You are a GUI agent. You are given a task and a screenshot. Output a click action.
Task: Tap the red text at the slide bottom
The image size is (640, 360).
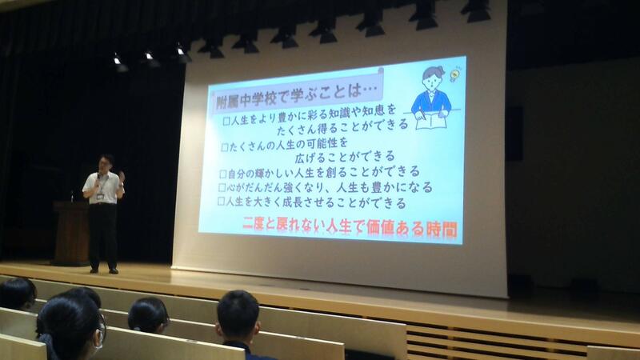coord(350,227)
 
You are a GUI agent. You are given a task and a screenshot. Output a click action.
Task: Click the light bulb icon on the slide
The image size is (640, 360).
coord(454,74)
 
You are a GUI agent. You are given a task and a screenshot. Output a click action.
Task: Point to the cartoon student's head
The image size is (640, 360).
coord(432,78)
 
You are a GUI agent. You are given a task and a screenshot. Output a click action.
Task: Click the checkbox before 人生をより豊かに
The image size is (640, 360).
coord(226,121)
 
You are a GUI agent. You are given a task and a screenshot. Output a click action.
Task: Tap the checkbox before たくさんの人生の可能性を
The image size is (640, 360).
coord(225,147)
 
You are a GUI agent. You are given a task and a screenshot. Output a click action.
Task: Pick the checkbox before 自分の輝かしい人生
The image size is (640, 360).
coord(223,174)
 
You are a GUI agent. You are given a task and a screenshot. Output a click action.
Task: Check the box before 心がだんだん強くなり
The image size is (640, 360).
coord(222,187)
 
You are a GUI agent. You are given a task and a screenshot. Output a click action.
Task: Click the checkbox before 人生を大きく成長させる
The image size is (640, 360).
coord(221,201)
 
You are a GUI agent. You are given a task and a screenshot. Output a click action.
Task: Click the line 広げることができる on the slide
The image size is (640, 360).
coord(345,156)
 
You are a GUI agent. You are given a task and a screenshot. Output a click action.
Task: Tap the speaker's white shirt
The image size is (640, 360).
coord(103,188)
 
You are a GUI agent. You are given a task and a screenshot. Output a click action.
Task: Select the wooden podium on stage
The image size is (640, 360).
coord(71,233)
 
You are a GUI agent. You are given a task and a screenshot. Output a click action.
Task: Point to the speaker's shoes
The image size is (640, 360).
coord(104,270)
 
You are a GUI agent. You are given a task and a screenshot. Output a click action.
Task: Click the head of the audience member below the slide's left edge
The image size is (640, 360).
coord(238,312)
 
